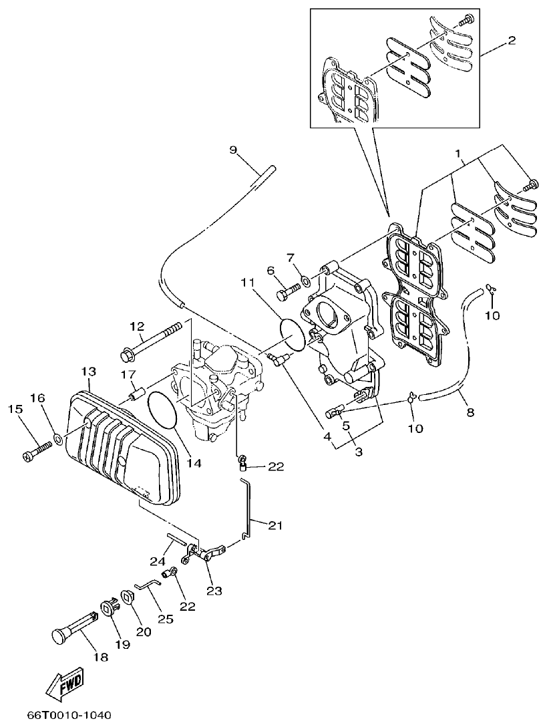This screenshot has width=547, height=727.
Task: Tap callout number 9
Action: [x=234, y=150]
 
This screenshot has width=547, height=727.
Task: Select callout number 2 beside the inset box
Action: [x=511, y=41]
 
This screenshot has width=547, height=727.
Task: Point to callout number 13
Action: [x=89, y=371]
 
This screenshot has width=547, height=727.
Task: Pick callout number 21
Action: [x=275, y=526]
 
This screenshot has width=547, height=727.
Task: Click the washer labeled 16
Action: [x=58, y=439]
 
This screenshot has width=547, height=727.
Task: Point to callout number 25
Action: [x=165, y=619]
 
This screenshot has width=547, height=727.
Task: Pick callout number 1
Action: [x=458, y=154]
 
